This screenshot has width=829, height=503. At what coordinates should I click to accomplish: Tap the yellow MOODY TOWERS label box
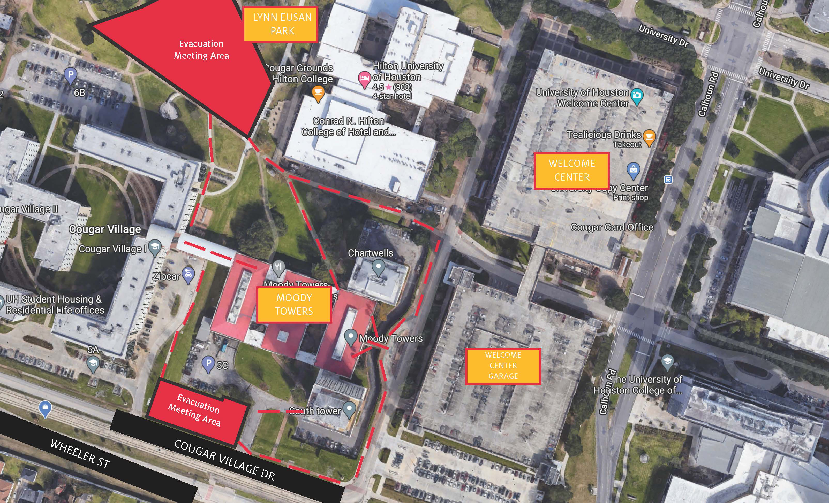click(x=294, y=304)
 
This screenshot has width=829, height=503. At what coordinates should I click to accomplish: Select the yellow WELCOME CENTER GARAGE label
click(x=503, y=366)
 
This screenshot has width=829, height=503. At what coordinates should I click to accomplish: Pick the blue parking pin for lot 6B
click(x=71, y=75)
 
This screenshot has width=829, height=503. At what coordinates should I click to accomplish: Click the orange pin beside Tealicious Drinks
click(x=649, y=137)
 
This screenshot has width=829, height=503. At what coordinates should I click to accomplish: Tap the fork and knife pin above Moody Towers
click(x=278, y=268)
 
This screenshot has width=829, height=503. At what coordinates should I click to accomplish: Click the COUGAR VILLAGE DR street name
click(x=224, y=460)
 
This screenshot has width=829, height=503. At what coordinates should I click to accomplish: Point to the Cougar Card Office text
click(x=612, y=227)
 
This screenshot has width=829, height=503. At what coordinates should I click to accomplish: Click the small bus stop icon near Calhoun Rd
click(x=668, y=180)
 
